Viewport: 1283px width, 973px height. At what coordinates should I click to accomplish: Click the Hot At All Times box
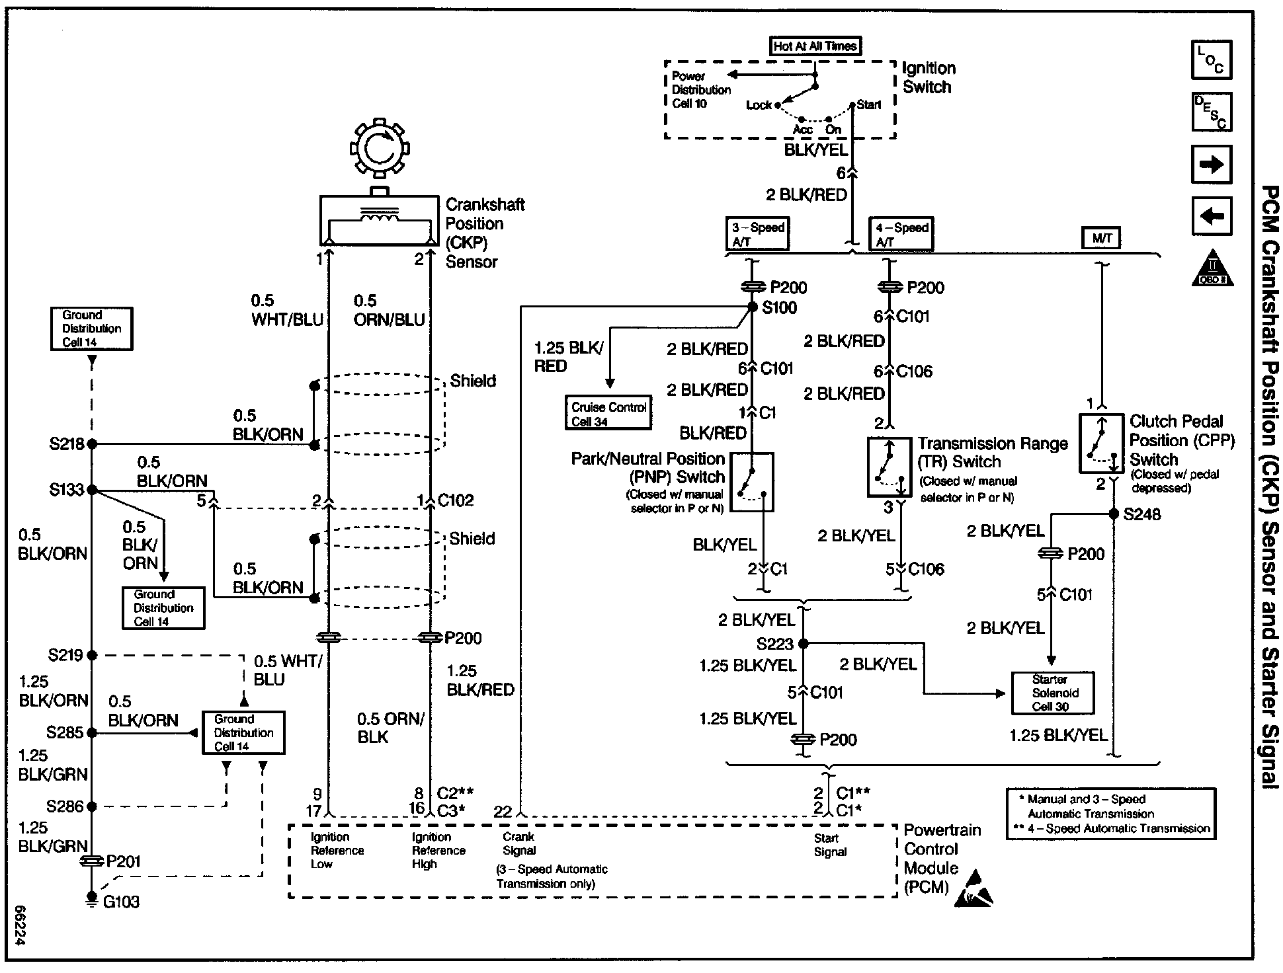point(816,46)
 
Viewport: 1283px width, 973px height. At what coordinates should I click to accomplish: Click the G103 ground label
point(121,902)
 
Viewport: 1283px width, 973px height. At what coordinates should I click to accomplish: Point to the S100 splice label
point(780,308)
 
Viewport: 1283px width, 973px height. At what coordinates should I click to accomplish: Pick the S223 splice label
point(774,643)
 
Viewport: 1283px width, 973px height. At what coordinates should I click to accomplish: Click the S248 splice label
point(1142,515)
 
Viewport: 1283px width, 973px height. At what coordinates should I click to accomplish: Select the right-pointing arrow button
point(1211,165)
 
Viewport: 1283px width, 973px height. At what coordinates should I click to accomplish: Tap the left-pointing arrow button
point(1211,215)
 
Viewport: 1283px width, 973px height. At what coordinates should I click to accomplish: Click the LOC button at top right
point(1211,60)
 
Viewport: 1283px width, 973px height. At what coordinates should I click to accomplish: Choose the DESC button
point(1211,112)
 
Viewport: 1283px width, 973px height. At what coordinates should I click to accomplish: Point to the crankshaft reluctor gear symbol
point(379,149)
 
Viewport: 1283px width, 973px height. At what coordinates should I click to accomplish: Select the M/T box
point(1101,239)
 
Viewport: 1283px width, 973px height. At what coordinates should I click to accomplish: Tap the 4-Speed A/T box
point(901,234)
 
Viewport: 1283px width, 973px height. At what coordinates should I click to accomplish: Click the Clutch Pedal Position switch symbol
point(1101,444)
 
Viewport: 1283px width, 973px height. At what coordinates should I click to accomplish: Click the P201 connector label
point(123,861)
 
